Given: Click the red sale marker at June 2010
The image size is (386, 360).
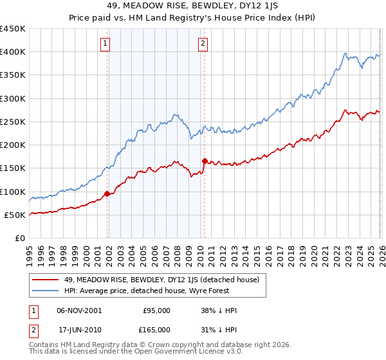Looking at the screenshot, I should pyautogui.click(x=205, y=161).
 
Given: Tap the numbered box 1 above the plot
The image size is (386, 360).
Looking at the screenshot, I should pyautogui.click(x=105, y=44).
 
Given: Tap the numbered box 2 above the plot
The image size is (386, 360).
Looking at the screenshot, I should pyautogui.click(x=203, y=44).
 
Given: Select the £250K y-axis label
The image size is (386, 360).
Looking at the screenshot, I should pyautogui.click(x=13, y=122).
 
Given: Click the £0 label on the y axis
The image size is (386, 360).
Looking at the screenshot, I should pyautogui.click(x=19, y=239).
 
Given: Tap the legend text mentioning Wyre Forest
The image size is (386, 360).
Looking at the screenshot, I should pyautogui.click(x=152, y=291).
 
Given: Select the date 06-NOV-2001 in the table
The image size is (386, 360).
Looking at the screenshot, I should pyautogui.click(x=79, y=310).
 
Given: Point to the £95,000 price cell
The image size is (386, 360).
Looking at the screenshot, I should pyautogui.click(x=156, y=310).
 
